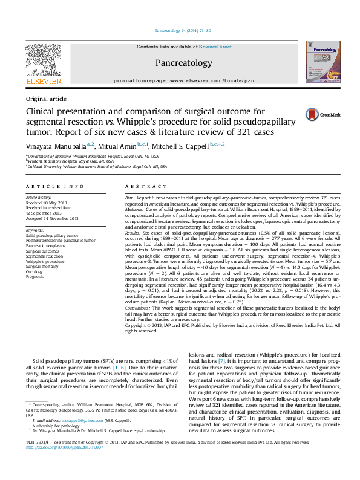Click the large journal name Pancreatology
[x=183, y=63]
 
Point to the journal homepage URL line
[x=183, y=80]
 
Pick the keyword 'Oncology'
[x=35, y=271]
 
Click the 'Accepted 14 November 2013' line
[x=52, y=218]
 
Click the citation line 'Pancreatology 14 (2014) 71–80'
[x=183, y=30]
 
